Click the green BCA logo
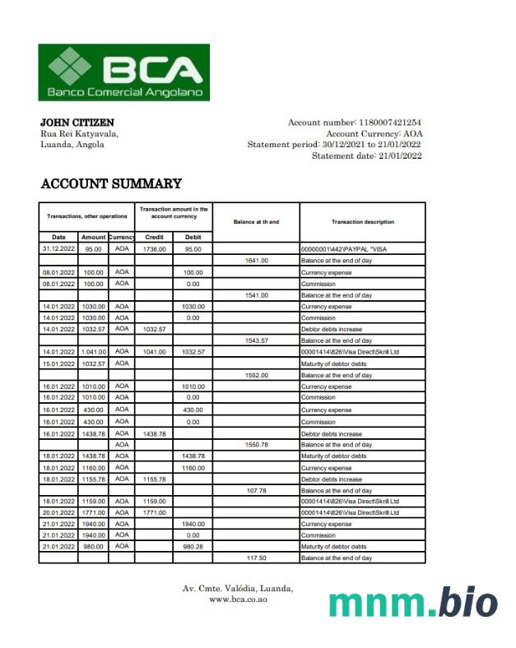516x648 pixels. (x=123, y=73)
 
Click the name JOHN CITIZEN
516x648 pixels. (x=77, y=123)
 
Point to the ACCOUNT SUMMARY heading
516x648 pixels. (x=111, y=183)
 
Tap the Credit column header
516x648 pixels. (x=154, y=237)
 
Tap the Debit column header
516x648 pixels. (x=193, y=237)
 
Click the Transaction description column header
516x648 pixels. (x=362, y=222)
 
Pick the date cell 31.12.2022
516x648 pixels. (x=58, y=248)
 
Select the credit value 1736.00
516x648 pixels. (x=154, y=248)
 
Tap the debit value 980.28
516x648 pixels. (x=193, y=547)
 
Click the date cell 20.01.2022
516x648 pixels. (x=58, y=512)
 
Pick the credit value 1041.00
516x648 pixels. (x=154, y=352)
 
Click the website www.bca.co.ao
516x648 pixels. (x=237, y=599)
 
